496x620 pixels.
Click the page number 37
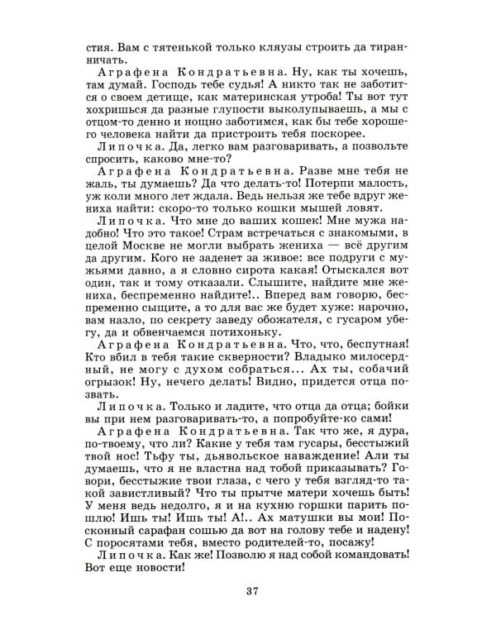(x=252, y=589)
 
